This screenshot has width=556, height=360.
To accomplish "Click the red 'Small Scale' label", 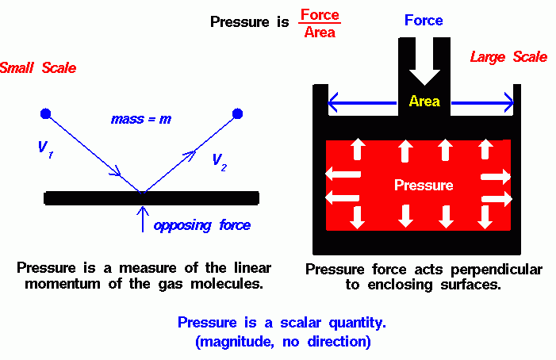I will (38, 68).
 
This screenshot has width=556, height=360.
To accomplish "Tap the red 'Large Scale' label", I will (508, 57).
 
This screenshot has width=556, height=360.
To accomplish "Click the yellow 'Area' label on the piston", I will (424, 101).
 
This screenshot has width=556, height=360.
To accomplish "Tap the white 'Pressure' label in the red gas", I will (424, 186).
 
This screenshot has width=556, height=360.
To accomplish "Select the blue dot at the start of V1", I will (46, 114).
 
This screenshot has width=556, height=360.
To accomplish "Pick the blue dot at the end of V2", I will (236, 114).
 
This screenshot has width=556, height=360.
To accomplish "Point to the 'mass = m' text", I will (141, 120).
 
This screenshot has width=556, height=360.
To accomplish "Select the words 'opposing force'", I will (202, 226).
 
